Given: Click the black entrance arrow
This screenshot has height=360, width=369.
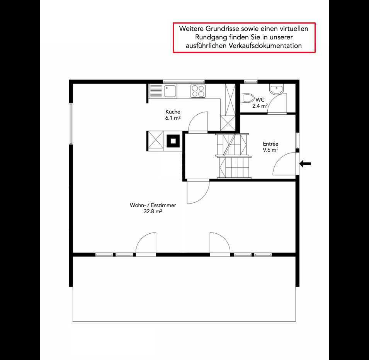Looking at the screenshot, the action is tap(305, 163).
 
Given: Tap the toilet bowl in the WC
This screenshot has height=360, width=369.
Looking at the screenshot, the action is tap(247, 98).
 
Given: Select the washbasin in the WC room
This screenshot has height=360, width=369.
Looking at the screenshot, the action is tap(277, 89).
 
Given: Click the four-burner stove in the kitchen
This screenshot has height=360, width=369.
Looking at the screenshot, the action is tap(198, 91).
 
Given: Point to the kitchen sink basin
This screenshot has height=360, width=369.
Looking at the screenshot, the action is tap(170, 91).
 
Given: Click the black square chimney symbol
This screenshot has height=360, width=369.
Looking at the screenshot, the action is tap(173, 141).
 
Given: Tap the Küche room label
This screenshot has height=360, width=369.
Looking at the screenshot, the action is tap(173, 112).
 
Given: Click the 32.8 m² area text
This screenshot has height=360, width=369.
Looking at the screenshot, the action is tap(153, 212).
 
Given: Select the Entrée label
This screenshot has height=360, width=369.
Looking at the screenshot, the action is tap(270, 144).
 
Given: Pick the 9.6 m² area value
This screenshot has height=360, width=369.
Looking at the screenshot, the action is tap(270, 150).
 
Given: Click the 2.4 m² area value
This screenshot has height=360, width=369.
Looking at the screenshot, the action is tap(260, 106).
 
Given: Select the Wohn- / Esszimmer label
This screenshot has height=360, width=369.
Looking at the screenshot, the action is tap(153, 205).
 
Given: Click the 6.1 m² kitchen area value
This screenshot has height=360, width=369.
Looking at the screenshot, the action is tap(173, 118).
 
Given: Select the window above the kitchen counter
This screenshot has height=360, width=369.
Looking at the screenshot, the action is tap(184, 82).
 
